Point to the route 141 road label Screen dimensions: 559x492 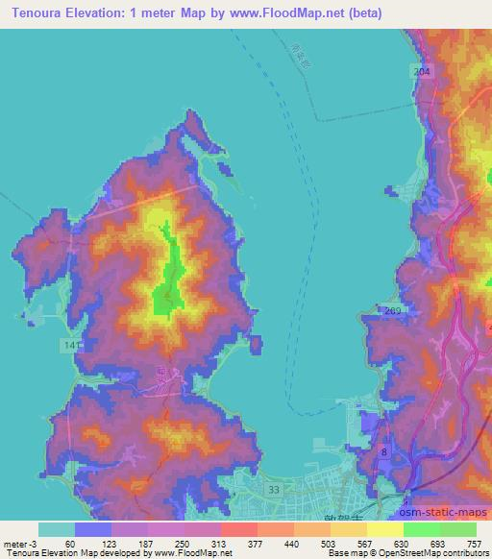coord(71,343)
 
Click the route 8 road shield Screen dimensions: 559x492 coord(383,450)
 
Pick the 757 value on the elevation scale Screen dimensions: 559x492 coord(476,544)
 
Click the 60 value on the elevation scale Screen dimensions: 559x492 coord(70,544)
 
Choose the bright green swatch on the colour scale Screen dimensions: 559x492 coord(421,529)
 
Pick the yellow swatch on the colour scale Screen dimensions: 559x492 coord(384,529)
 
